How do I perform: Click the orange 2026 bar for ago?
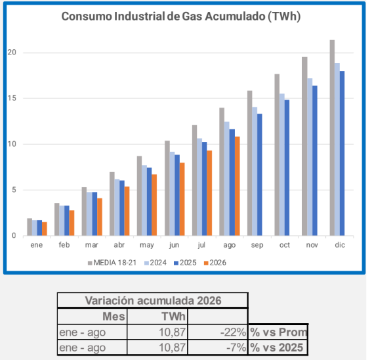(x=237, y=186)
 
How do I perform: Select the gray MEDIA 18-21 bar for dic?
(x=332, y=138)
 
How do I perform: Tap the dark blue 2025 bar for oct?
(x=287, y=168)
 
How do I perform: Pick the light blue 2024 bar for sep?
(x=255, y=171)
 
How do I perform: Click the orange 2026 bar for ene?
(x=45, y=229)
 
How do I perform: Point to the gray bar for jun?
(x=167, y=188)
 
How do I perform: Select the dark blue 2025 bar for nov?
(x=314, y=161)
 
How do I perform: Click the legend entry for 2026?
(x=215, y=263)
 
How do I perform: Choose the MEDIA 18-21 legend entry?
(x=112, y=263)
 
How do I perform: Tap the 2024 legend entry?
(x=155, y=263)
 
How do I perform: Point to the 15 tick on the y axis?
(x=12, y=98)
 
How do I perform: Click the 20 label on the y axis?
(x=12, y=53)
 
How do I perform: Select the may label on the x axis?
(x=146, y=245)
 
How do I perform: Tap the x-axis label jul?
(x=201, y=244)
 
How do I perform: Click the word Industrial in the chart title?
(x=139, y=16)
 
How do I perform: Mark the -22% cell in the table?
(x=233, y=332)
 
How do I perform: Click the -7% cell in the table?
(x=236, y=348)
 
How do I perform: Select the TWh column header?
(x=173, y=317)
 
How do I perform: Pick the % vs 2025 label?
(x=277, y=348)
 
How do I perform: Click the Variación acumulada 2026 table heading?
(x=153, y=301)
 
